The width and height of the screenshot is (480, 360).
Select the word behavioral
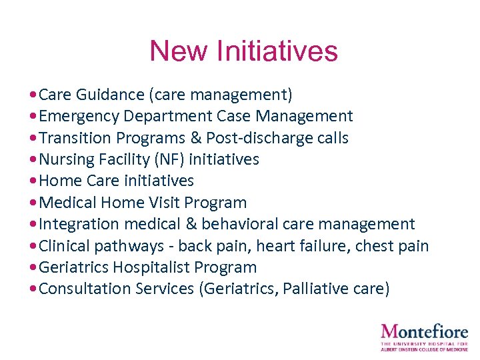click(x=239, y=224)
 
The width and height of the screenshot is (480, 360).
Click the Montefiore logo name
click(x=424, y=331)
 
